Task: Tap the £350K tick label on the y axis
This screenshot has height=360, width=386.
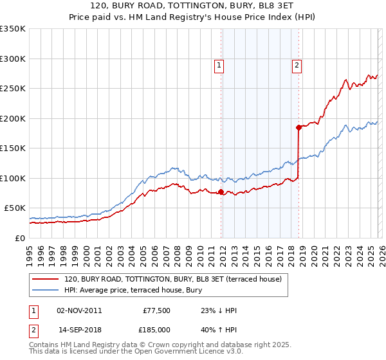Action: (13, 29)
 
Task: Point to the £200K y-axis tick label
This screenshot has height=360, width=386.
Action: (13, 118)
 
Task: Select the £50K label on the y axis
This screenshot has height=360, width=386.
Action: (15, 208)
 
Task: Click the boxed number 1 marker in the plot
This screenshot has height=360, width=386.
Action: (219, 65)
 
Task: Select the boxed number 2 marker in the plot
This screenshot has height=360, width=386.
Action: (297, 64)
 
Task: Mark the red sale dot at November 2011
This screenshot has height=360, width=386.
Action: (221, 192)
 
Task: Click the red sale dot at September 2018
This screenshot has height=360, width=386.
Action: (299, 127)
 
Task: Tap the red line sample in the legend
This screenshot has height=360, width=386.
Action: (45, 280)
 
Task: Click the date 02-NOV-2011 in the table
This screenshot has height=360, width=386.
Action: (79, 311)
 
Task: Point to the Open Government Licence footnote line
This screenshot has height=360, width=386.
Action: (136, 352)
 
